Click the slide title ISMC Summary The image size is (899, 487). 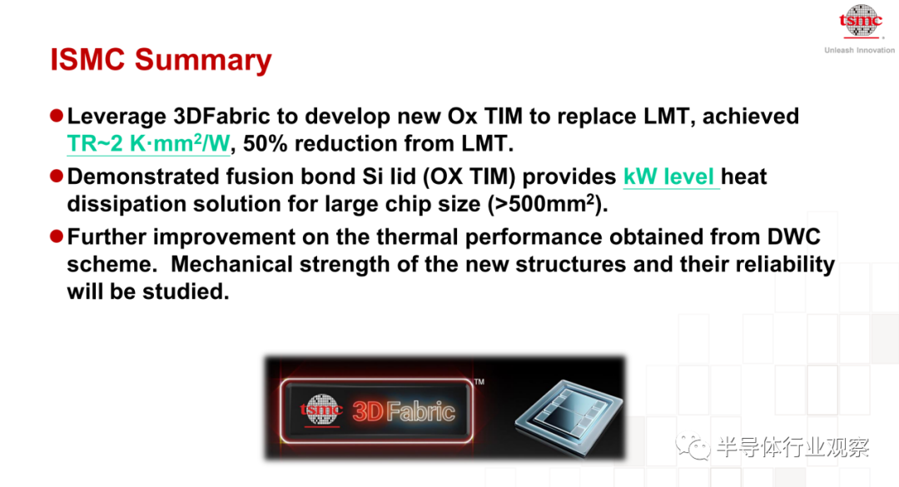[x=161, y=60]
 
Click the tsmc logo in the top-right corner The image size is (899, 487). [x=861, y=22]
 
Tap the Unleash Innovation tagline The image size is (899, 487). [x=859, y=51]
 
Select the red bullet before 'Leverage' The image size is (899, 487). [x=57, y=116]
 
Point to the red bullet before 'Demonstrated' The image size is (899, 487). [x=57, y=176]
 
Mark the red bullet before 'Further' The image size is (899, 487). [x=57, y=236]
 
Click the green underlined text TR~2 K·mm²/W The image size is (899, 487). [x=148, y=143]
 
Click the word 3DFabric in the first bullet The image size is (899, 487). [x=221, y=117]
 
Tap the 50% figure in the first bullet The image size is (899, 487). [x=265, y=143]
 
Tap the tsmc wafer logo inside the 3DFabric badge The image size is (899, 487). [x=321, y=410]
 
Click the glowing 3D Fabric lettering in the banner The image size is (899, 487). [x=404, y=411]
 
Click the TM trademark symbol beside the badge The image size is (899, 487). [x=479, y=381]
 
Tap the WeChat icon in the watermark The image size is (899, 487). [x=692, y=446]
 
